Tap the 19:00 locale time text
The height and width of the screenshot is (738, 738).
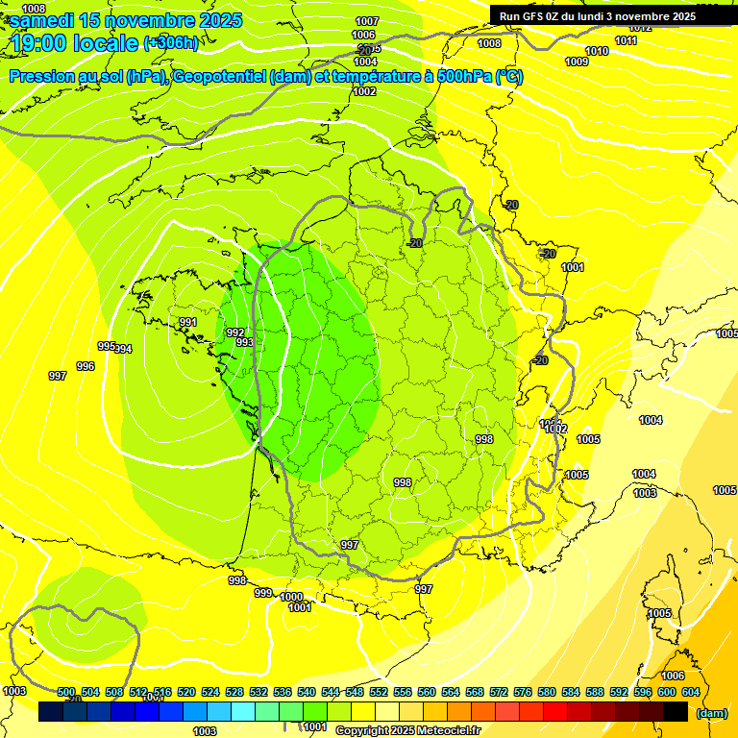(73, 43)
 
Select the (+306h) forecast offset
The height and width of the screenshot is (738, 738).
(171, 43)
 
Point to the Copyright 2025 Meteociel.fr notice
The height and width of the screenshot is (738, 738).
(407, 730)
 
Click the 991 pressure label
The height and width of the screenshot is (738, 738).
(188, 322)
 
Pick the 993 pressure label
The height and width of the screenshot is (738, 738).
(244, 342)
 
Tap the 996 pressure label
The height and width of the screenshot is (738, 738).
(86, 366)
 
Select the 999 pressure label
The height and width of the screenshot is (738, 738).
(263, 593)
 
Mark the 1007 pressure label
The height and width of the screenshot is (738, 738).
(367, 21)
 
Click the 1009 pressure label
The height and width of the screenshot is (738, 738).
(577, 62)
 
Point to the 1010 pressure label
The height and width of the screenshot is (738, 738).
(597, 51)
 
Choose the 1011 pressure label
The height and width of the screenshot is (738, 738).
(626, 40)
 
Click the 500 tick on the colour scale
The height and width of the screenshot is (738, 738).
(66, 692)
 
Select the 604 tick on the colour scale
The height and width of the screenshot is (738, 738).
(691, 692)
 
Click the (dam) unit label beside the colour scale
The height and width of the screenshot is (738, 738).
(711, 713)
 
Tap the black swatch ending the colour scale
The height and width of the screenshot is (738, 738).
(676, 711)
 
